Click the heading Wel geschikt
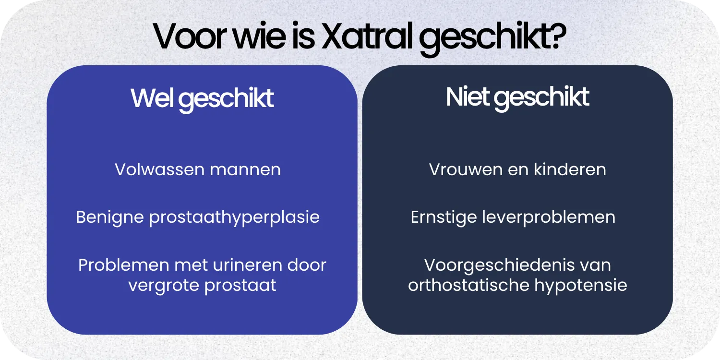[202, 98]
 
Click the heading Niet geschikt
[517, 97]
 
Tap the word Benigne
[110, 217]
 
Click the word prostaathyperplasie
[234, 217]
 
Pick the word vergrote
[157, 285]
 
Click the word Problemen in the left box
[122, 265]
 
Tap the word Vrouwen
[462, 169]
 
